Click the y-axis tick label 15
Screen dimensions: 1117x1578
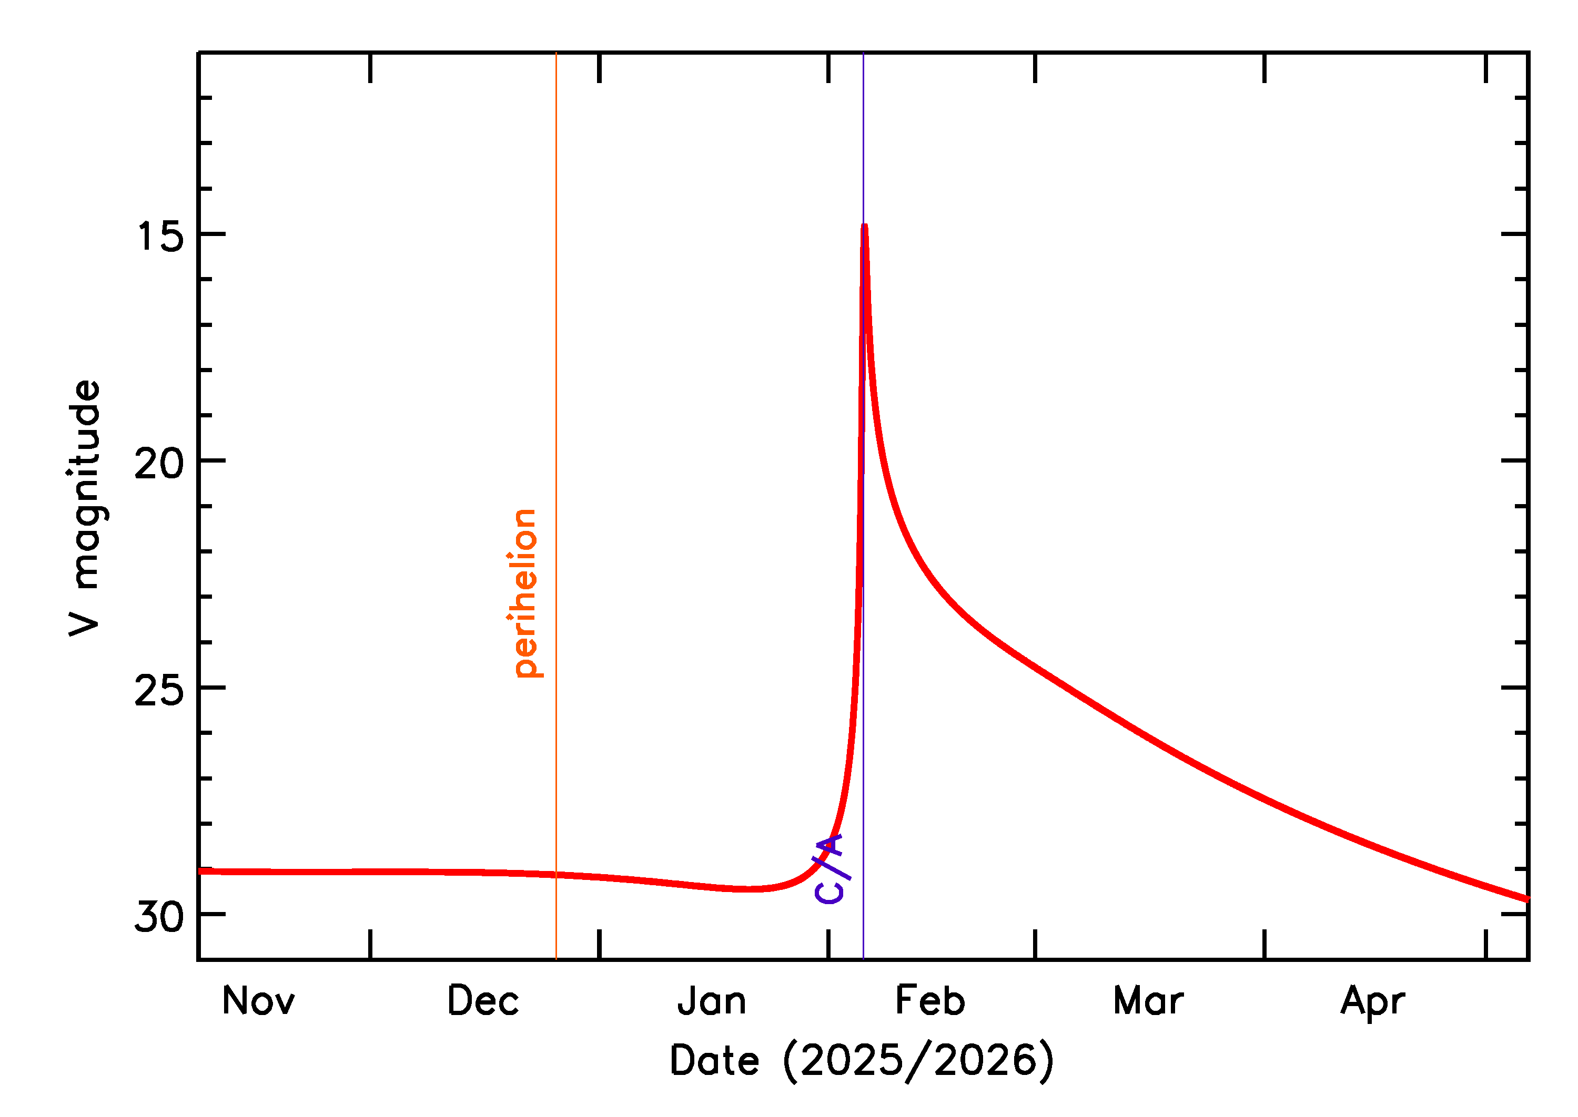click(x=160, y=237)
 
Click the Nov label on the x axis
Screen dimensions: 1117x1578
click(x=258, y=1001)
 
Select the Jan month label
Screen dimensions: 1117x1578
click(x=712, y=1001)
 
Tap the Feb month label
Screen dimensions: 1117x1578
click(x=930, y=1001)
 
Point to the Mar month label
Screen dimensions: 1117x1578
click(x=1149, y=1001)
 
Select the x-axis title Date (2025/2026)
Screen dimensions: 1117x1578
click(x=862, y=1061)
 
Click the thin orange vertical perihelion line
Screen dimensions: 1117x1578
click(x=556, y=413)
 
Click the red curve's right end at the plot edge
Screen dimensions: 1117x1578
click(x=1526, y=898)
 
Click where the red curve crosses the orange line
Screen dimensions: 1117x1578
click(x=556, y=875)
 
